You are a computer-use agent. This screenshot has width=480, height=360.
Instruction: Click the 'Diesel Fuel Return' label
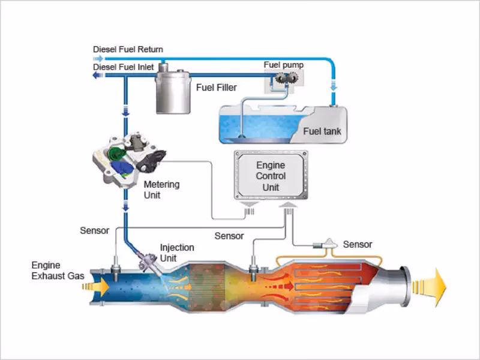click(128, 49)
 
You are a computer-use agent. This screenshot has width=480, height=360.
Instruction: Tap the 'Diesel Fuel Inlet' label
click(124, 67)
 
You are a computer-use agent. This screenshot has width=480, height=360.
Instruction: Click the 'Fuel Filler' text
click(217, 88)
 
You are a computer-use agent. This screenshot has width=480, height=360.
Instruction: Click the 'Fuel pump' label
click(284, 64)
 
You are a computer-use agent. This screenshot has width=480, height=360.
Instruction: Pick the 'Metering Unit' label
click(161, 189)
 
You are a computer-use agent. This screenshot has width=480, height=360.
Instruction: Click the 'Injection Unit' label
click(177, 252)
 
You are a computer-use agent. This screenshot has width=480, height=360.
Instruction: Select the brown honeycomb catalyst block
click(211, 286)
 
